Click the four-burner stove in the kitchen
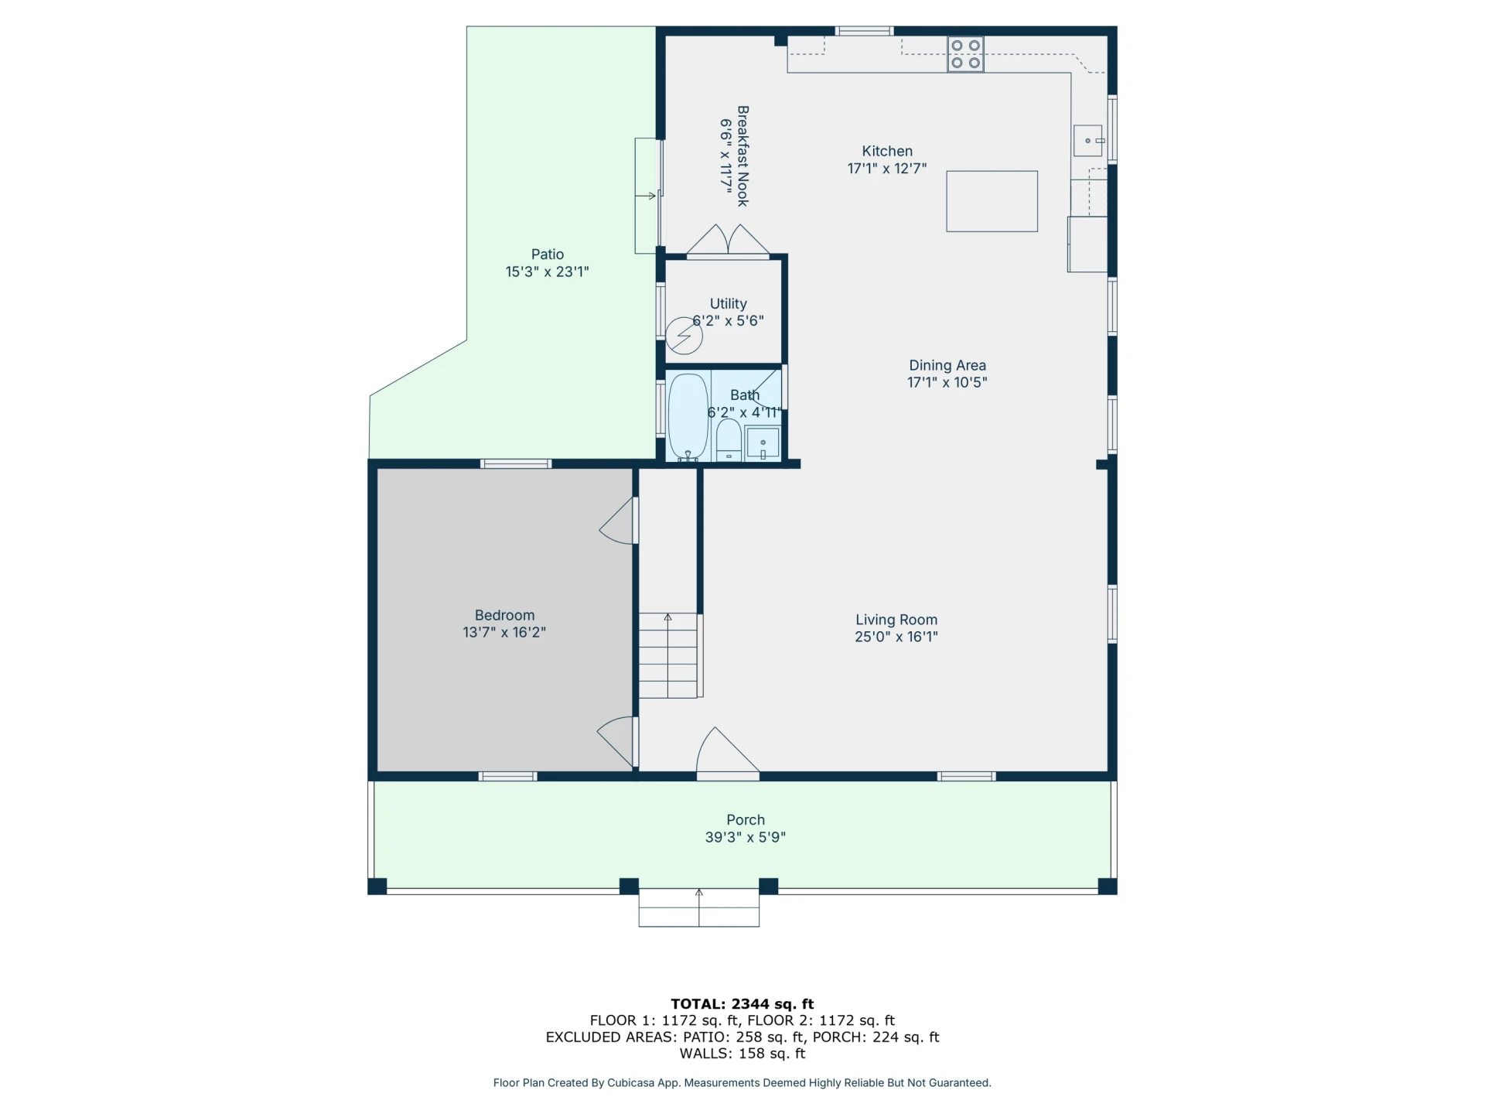(966, 54)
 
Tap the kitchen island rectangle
(992, 201)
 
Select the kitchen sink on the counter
(1088, 141)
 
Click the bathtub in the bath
(688, 418)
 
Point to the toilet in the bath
(729, 440)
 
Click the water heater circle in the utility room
(684, 336)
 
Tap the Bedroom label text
(504, 615)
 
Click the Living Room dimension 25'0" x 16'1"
(896, 637)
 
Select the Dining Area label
(947, 365)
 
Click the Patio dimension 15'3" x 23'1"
(548, 272)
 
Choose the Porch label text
(746, 820)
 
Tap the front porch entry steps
(699, 907)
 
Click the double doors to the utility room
(728, 239)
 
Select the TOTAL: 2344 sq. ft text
(742, 1004)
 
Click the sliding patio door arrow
(646, 196)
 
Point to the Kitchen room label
(887, 151)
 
